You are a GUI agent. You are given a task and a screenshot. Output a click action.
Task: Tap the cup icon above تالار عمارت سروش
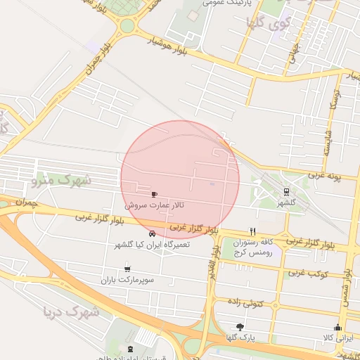(x=155, y=194)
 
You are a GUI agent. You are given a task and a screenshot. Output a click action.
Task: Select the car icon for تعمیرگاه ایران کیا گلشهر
(x=153, y=233)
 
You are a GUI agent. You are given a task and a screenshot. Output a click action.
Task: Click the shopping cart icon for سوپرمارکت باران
(x=127, y=268)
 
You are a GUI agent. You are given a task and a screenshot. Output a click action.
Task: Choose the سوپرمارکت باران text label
(x=127, y=279)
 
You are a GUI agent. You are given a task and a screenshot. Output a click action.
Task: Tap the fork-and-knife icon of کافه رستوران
(x=252, y=231)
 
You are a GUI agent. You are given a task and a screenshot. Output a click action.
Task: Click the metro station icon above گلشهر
(x=285, y=191)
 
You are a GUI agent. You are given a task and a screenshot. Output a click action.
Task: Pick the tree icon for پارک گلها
(x=240, y=327)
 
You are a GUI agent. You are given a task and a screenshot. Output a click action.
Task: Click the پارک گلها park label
(x=240, y=338)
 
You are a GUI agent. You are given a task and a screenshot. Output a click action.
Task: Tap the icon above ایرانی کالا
(x=337, y=327)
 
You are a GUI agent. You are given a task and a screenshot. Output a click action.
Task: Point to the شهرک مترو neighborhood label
(x=62, y=180)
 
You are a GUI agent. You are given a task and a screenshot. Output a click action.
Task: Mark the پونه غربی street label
(x=334, y=175)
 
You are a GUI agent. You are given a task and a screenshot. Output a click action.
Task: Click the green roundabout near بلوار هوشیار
(x=127, y=26)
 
